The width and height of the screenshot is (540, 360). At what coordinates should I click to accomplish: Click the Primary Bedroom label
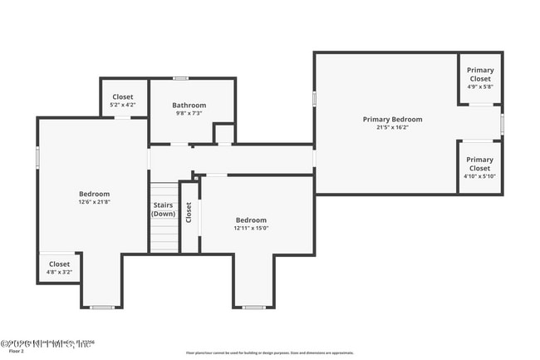[x=392, y=119]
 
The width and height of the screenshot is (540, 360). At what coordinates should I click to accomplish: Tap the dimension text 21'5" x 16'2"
[x=392, y=128]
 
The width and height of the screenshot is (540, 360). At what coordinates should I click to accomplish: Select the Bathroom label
[x=189, y=106]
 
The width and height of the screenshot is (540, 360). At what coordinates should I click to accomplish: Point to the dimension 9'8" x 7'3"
[x=189, y=114]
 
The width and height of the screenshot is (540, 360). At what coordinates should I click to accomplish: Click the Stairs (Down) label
[x=163, y=210]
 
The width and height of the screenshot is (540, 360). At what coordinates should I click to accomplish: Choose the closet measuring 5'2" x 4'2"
[x=123, y=101]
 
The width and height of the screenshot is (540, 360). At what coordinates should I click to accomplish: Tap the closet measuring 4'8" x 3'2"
[x=58, y=267]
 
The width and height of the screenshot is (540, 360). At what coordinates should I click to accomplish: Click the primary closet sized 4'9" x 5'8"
[x=479, y=78]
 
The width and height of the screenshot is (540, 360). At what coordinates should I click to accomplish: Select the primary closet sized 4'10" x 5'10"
[x=479, y=167]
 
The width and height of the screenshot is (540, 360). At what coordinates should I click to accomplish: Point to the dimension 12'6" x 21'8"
[x=94, y=202]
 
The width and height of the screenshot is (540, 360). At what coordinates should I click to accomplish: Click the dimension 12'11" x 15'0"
[x=251, y=228]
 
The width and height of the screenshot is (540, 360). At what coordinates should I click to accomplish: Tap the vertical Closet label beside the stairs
[x=189, y=214]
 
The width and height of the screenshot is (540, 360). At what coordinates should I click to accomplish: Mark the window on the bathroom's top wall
[x=180, y=78]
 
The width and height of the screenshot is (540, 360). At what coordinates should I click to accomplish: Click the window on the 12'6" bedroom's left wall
[x=37, y=157]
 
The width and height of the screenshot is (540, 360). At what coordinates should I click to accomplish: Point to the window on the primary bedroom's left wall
[x=314, y=98]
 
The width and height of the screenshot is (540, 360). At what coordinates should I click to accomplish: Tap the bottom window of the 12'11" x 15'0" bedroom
[x=253, y=308]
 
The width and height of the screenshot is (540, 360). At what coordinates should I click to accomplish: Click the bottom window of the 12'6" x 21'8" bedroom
[x=101, y=308]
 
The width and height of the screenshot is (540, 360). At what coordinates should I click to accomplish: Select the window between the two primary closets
[x=502, y=123]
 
